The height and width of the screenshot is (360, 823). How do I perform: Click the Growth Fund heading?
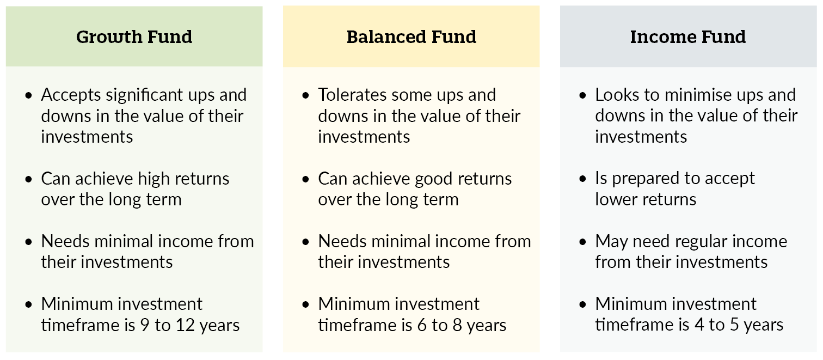point(134,37)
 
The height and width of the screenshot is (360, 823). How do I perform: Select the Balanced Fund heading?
point(411,37)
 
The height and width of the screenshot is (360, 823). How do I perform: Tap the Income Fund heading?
point(688,37)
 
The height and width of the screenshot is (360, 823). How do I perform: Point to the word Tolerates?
point(352,95)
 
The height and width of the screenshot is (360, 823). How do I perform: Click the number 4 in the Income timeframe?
point(699,325)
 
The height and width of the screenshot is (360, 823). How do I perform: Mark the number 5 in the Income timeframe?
point(734,325)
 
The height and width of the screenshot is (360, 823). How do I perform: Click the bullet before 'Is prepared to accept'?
point(582,179)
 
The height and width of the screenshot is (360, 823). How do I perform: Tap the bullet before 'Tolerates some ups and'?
point(305,96)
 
